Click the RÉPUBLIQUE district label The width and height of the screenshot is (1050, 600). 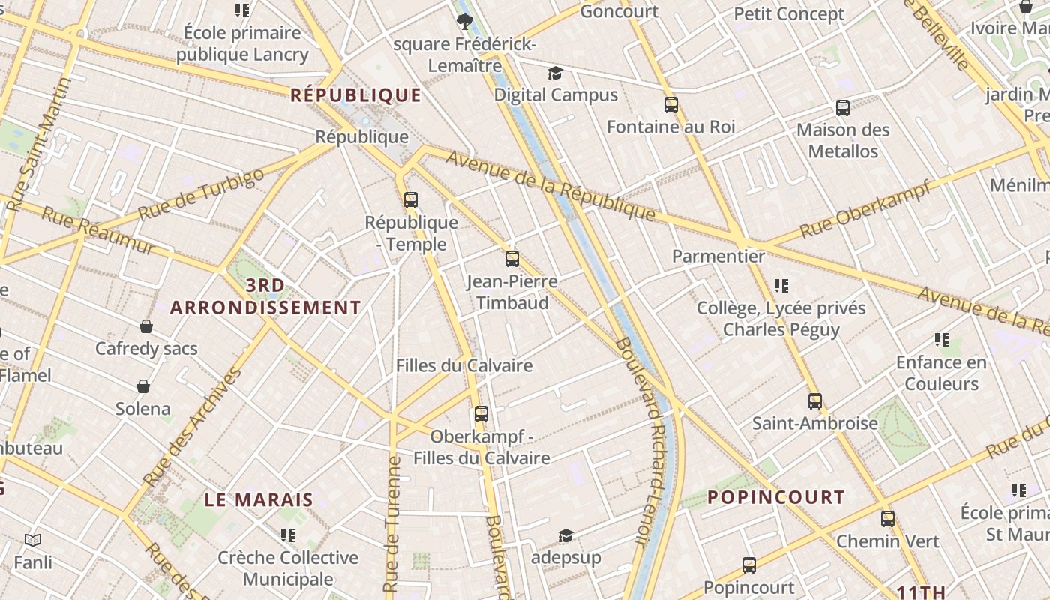pyautogui.click(x=355, y=95)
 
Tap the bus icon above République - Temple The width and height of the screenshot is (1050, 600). pyautogui.click(x=410, y=200)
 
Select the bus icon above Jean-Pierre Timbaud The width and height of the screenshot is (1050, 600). pyautogui.click(x=512, y=259)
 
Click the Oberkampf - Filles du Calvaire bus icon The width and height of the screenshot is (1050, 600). pyautogui.click(x=481, y=413)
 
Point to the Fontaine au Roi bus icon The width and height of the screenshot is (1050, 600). pyautogui.click(x=670, y=105)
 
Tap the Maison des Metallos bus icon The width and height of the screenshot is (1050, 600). pyautogui.click(x=843, y=108)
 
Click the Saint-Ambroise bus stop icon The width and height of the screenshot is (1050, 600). pyautogui.click(x=815, y=401)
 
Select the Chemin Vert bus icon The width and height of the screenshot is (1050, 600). pyautogui.click(x=888, y=518)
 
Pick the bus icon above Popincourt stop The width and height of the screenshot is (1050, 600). pyautogui.click(x=748, y=565)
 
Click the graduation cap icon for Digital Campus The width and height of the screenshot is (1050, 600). pyautogui.click(x=555, y=73)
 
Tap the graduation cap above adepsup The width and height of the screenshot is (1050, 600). pyautogui.click(x=565, y=535)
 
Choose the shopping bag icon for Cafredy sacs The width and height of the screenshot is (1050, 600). pyautogui.click(x=146, y=326)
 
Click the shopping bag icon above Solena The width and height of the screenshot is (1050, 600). pyautogui.click(x=142, y=386)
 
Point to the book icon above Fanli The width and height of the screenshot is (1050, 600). pyautogui.click(x=32, y=540)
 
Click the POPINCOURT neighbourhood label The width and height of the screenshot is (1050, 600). pyautogui.click(x=776, y=497)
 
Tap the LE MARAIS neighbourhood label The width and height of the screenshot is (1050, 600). pyautogui.click(x=259, y=500)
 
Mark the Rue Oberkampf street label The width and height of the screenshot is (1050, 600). pyautogui.click(x=866, y=208)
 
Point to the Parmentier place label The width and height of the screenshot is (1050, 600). pyautogui.click(x=718, y=256)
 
